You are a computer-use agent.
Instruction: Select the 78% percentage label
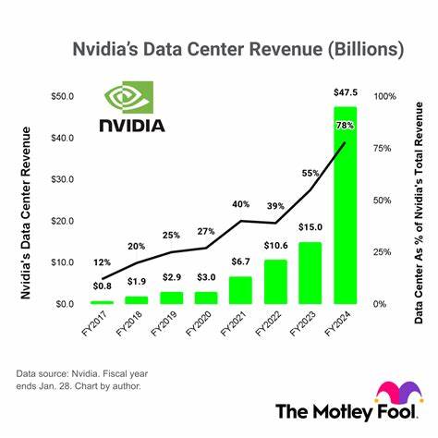pos(346,125)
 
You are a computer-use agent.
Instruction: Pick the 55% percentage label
pos(310,172)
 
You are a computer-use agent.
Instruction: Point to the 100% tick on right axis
pos(384,96)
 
